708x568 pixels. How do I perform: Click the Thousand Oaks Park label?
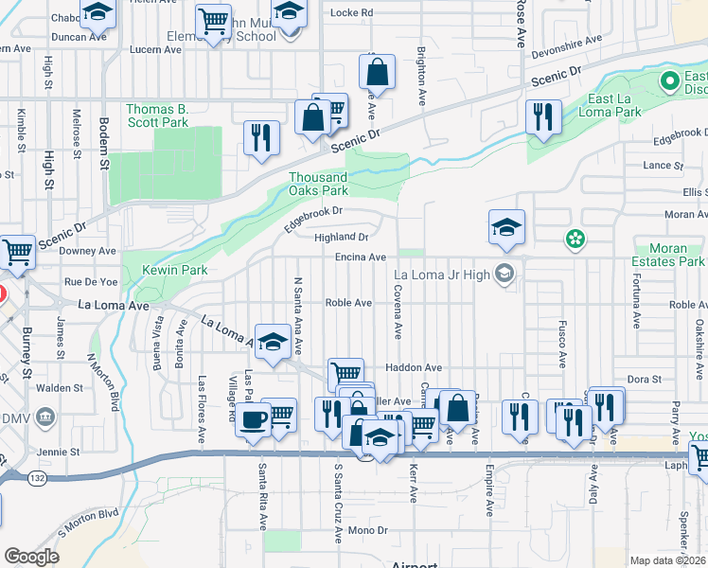tap(318, 184)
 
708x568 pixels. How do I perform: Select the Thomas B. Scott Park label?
tap(157, 115)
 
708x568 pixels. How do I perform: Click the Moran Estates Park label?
tap(669, 254)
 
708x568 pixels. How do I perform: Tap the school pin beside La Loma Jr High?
tap(504, 275)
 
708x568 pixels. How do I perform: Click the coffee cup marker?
tap(253, 419)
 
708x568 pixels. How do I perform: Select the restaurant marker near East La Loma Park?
tap(543, 117)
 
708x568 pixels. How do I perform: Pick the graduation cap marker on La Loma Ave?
tap(274, 343)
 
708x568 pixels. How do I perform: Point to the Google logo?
tap(31, 557)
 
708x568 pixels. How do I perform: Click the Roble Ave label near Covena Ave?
tap(348, 303)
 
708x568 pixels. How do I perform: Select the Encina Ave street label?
tap(361, 257)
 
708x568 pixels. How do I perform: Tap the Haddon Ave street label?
tap(413, 367)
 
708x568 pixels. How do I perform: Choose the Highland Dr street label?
tap(341, 237)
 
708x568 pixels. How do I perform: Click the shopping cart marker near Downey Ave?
tap(17, 252)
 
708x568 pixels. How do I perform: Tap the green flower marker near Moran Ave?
tap(575, 240)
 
